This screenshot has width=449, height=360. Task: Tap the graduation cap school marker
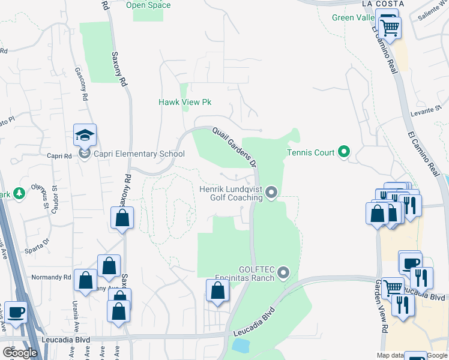[85, 136]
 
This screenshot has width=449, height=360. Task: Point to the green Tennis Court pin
[344, 152]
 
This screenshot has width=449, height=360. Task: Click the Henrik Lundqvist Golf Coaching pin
[271, 193]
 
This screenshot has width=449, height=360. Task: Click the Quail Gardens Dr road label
[234, 146]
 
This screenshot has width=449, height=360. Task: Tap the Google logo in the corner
[20, 353]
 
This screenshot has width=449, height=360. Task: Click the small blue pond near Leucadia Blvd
[240, 345]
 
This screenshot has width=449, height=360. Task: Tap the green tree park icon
[19, 193]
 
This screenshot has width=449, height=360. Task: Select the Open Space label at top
[148, 5]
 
